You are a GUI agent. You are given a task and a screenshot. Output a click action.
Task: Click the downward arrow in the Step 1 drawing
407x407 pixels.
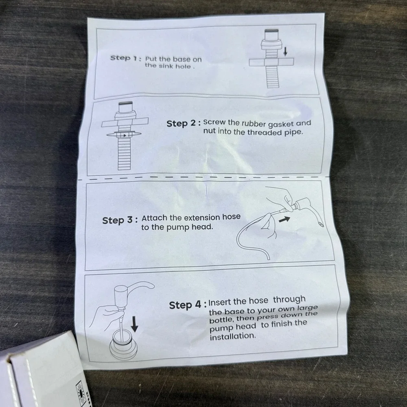(285, 51)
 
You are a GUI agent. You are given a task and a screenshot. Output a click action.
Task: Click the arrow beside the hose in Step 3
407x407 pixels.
(284, 220)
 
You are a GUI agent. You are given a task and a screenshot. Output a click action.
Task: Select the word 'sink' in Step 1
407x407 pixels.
(166, 66)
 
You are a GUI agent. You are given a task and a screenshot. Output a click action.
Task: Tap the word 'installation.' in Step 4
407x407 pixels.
(233, 337)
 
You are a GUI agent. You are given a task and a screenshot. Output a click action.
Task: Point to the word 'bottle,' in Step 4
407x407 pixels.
(222, 319)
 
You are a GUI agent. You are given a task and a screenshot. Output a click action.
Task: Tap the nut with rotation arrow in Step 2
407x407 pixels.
(124, 134)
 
